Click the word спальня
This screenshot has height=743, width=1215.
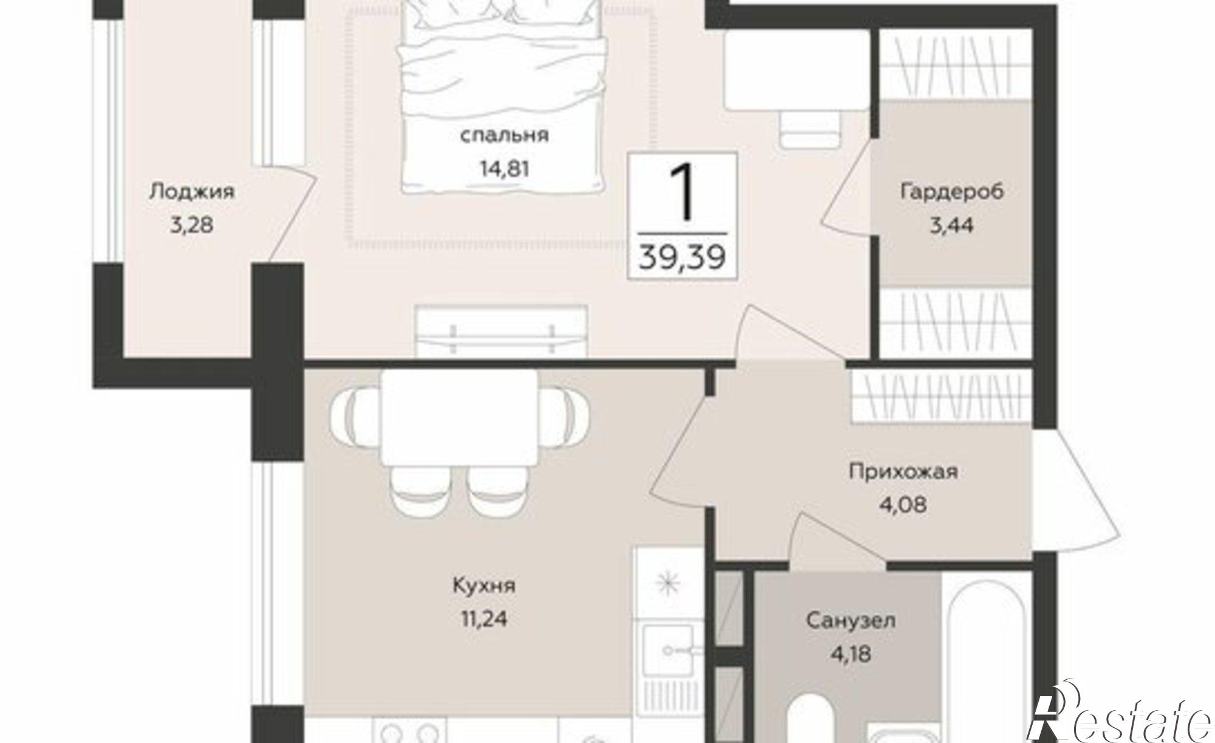(504, 135)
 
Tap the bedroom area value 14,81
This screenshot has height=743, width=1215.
(504, 168)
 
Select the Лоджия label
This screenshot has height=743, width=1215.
(191, 192)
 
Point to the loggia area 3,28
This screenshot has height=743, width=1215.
(191, 226)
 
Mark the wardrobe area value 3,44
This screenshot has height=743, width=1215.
(952, 226)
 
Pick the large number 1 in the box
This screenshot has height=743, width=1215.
(682, 193)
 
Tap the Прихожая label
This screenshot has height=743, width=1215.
(903, 471)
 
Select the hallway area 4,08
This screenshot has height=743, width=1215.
(903, 505)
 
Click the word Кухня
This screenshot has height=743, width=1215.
(484, 586)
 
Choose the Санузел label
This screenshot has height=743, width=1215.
(850, 621)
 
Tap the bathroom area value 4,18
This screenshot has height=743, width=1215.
(850, 654)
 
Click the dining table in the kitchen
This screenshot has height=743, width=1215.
(460, 417)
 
